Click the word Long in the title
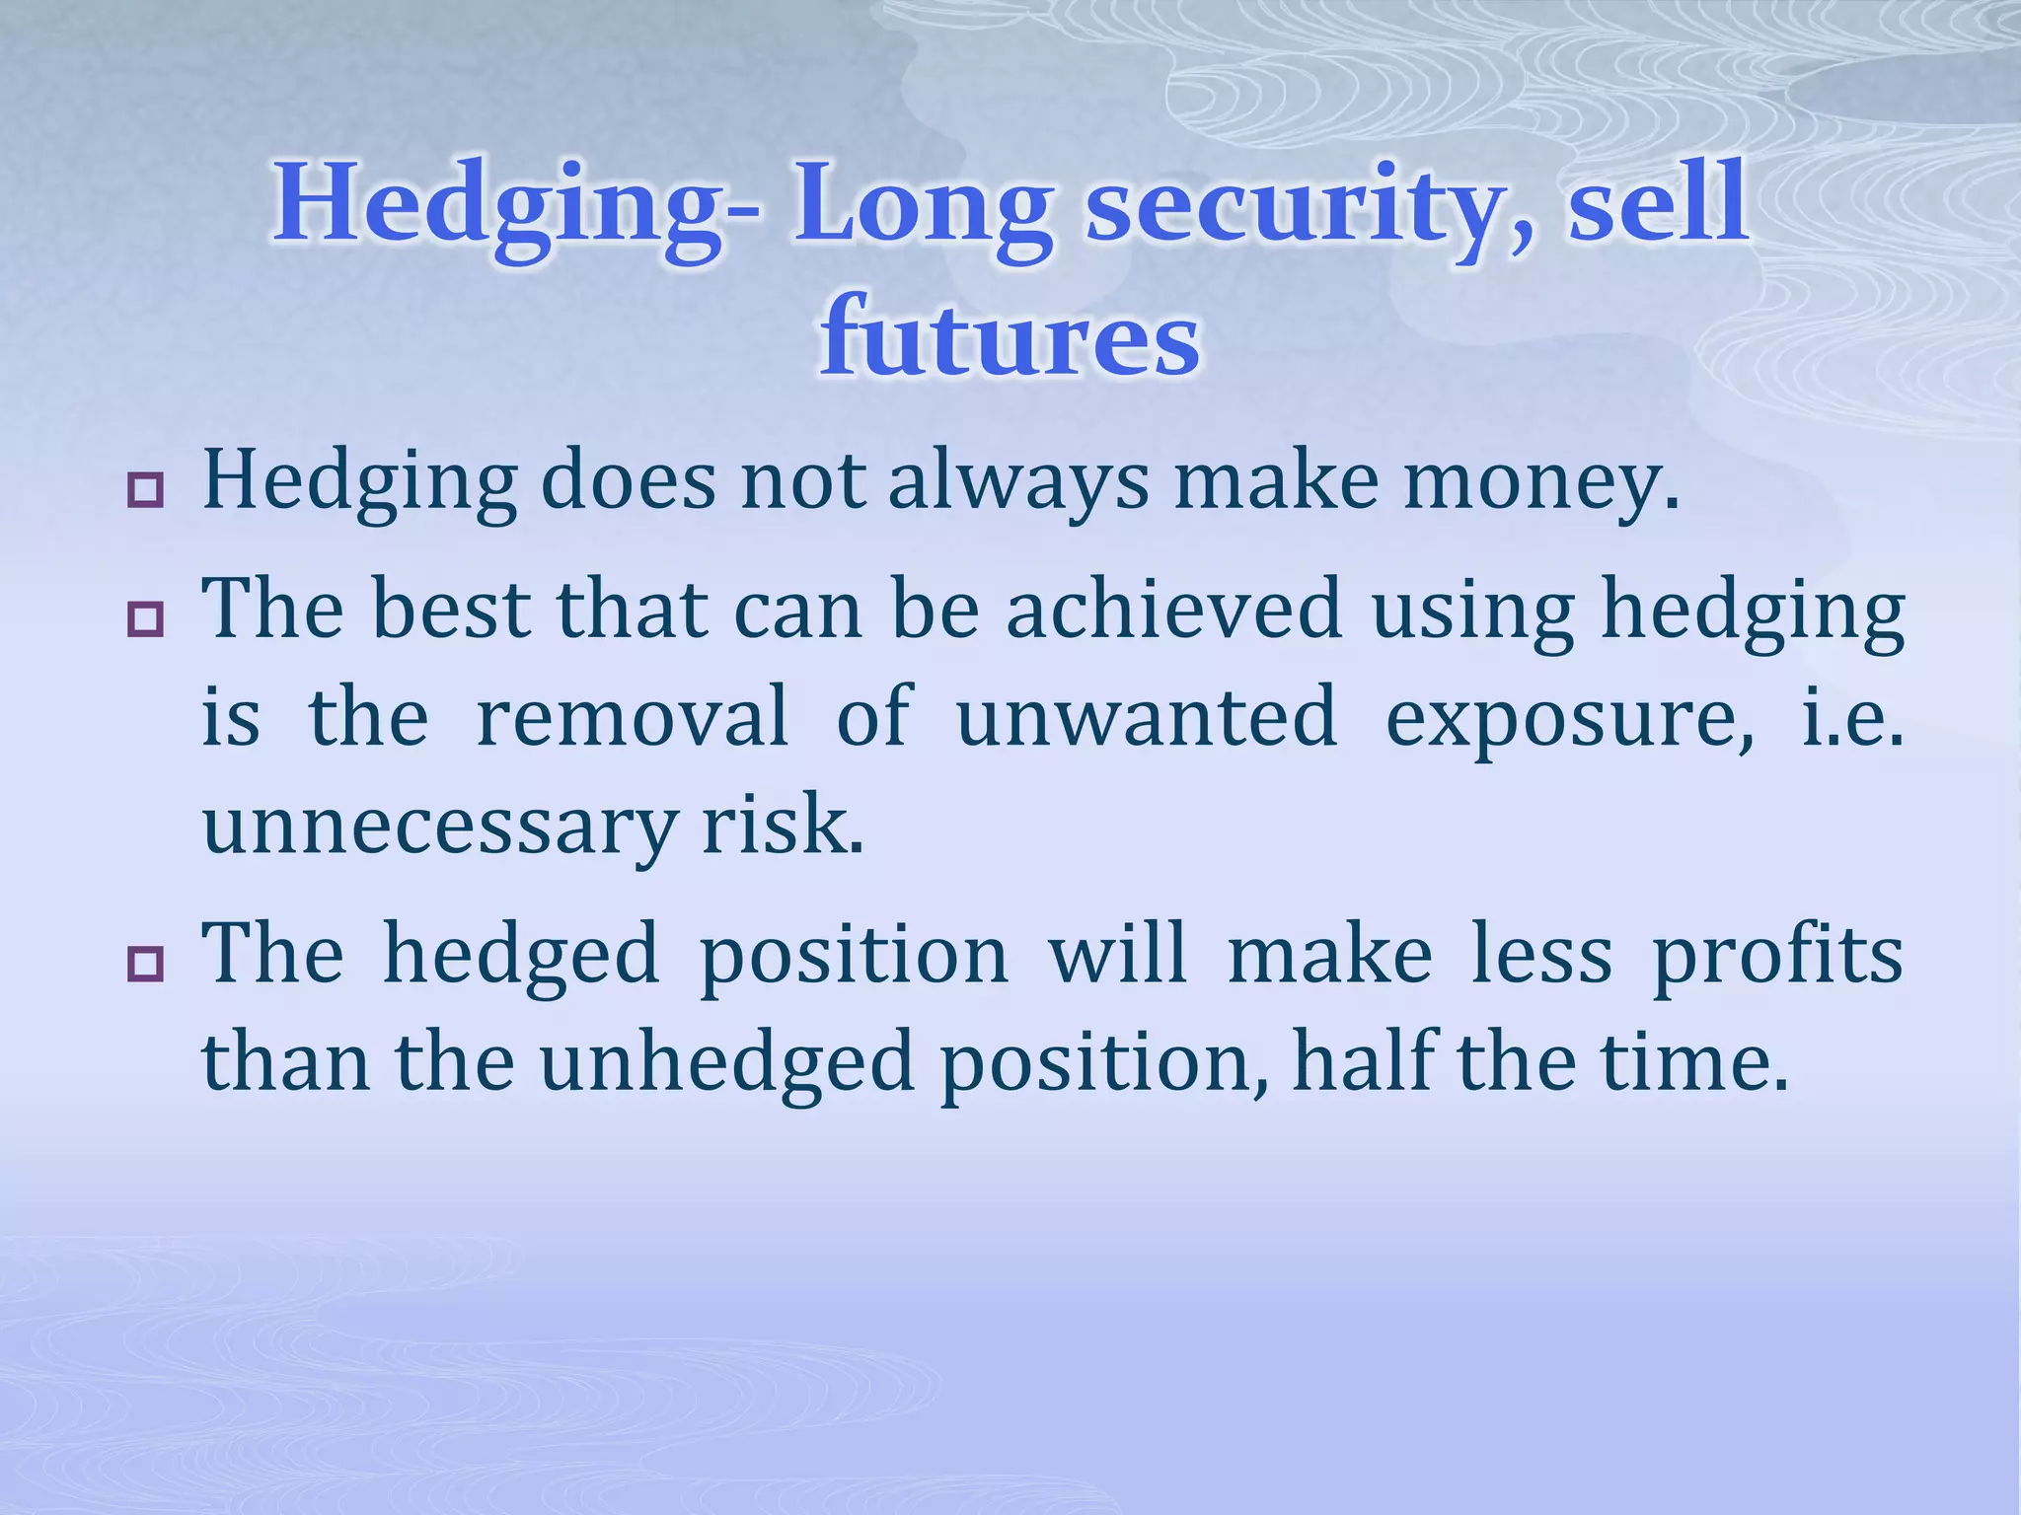924,205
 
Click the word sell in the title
1659,203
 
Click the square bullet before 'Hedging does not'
145,490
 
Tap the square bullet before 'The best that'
145,619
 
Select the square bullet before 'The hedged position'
145,964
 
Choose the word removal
633,717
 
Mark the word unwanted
1147,717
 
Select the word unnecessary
438,827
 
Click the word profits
1778,956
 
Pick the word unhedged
727,1065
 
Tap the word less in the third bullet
1541,956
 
